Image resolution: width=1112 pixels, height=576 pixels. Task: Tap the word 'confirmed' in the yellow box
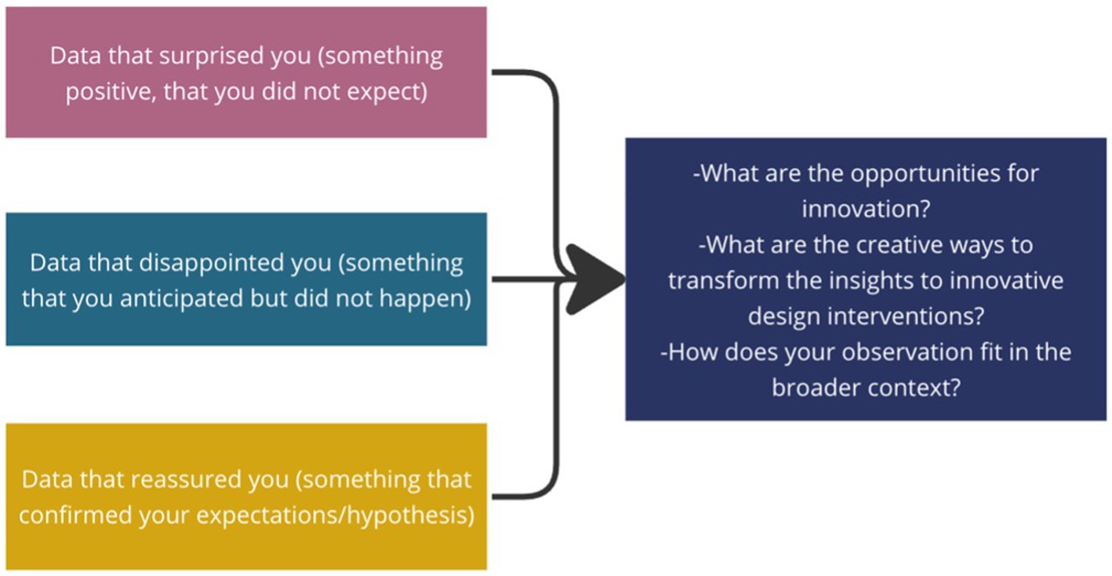(x=75, y=515)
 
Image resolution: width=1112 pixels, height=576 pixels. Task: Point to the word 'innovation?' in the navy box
(x=866, y=209)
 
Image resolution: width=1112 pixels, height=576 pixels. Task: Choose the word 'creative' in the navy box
(x=899, y=245)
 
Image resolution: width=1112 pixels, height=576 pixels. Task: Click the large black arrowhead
(x=595, y=279)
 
